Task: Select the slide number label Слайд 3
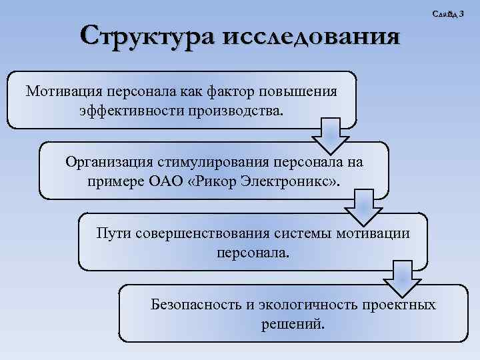coord(449,14)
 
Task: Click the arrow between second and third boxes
coord(363,207)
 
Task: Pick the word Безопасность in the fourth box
coord(193,305)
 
